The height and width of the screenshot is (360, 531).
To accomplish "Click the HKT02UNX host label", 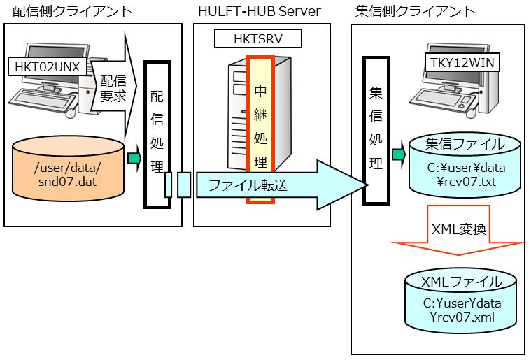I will pos(46,66).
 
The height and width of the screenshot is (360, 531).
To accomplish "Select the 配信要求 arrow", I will pos(114,89).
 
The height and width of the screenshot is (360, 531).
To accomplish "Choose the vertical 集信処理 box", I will pos(375,129).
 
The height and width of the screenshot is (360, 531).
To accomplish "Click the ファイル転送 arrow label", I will pos(248,185).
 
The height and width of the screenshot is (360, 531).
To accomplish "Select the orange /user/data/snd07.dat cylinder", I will pos(69,173).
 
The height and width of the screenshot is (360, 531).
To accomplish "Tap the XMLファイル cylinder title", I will pos(462,282).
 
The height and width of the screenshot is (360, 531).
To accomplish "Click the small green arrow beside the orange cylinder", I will pos(133,159).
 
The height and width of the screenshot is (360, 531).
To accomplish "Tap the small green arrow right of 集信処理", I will pos(398,153).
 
